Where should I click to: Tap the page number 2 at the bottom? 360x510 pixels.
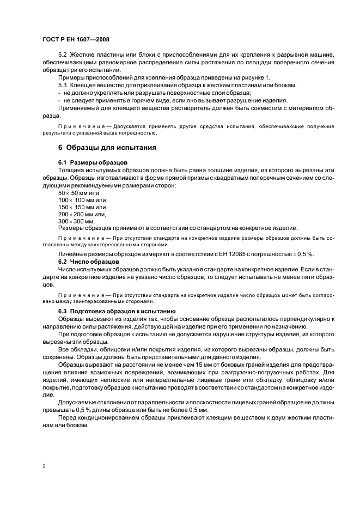44,465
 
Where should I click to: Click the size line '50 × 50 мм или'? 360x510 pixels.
78,193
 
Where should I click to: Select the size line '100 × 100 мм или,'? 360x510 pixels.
82,200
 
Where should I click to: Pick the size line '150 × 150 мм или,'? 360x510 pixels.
82,207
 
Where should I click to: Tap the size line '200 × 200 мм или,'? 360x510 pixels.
82,214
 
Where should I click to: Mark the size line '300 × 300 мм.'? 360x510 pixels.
76,221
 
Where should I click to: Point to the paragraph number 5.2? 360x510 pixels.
63,56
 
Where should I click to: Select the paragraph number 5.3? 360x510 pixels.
63,86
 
